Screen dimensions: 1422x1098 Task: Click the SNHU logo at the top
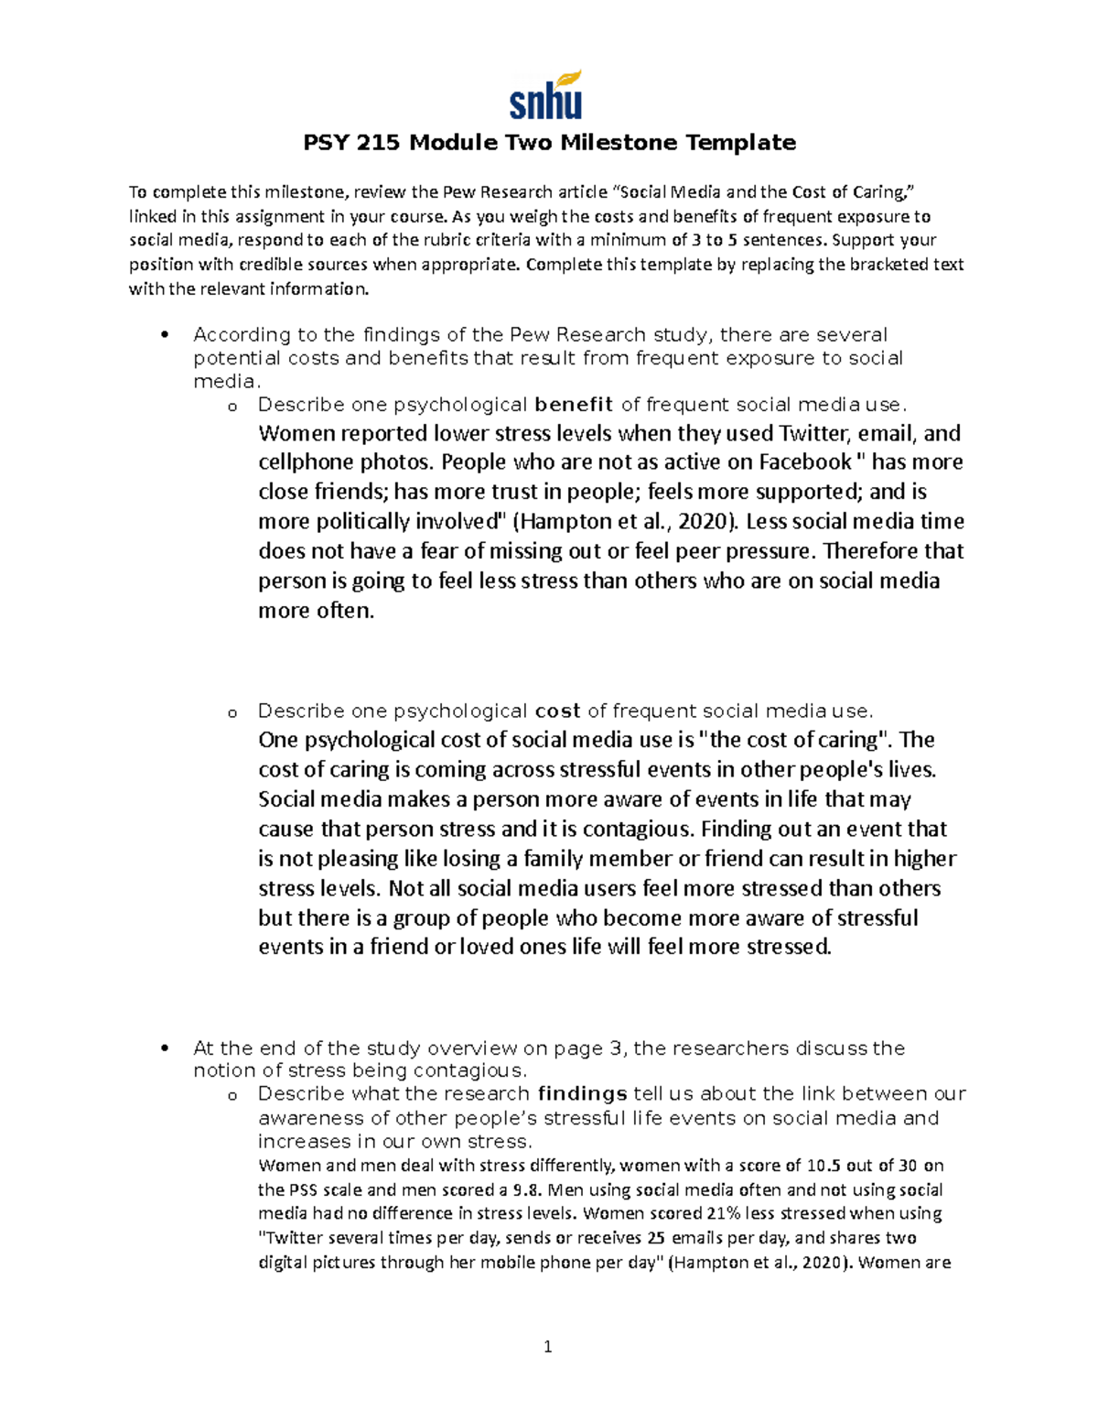(x=546, y=95)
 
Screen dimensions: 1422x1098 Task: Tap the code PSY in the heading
(x=326, y=143)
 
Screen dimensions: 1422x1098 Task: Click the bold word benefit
(x=574, y=405)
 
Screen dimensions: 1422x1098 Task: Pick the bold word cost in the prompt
(x=557, y=711)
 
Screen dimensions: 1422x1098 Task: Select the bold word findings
(x=582, y=1093)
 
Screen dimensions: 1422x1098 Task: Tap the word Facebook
(x=804, y=461)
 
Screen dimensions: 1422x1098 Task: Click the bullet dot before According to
(x=165, y=335)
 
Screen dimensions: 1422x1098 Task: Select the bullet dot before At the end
(x=165, y=1048)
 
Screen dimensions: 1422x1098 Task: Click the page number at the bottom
(x=548, y=1346)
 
